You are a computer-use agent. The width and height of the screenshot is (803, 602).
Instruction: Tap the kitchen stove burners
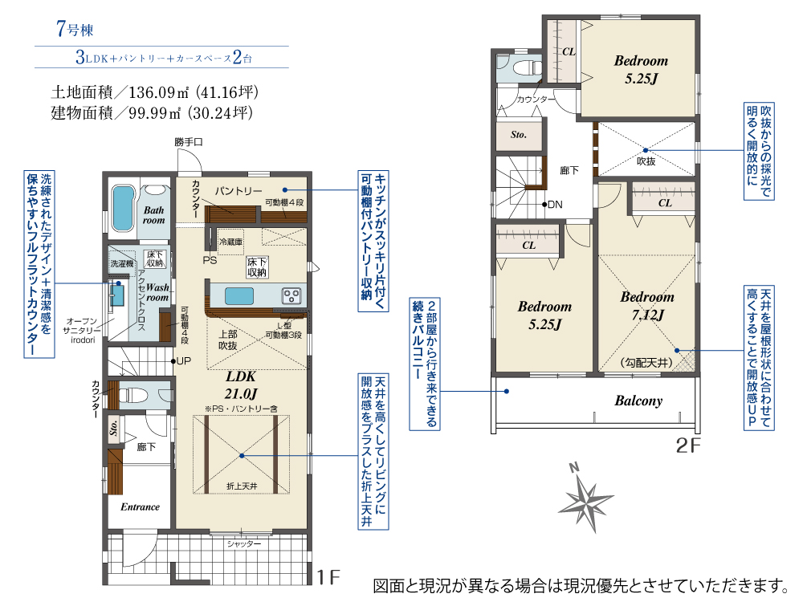293,296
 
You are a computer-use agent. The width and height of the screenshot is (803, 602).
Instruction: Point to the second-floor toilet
518,67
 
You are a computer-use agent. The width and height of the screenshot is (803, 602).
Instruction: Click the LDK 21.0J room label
241,384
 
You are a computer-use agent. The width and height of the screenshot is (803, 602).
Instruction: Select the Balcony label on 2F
638,401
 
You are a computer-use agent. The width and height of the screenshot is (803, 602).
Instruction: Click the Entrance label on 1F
140,506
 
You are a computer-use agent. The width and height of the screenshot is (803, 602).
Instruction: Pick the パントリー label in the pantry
238,191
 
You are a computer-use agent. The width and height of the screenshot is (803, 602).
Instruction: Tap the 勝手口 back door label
190,141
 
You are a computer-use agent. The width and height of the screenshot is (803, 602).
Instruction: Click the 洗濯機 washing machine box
123,262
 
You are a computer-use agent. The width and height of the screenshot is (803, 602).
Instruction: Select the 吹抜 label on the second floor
646,161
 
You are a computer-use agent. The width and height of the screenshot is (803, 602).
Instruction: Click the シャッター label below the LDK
243,543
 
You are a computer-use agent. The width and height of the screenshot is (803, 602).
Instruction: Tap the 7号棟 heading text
75,30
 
